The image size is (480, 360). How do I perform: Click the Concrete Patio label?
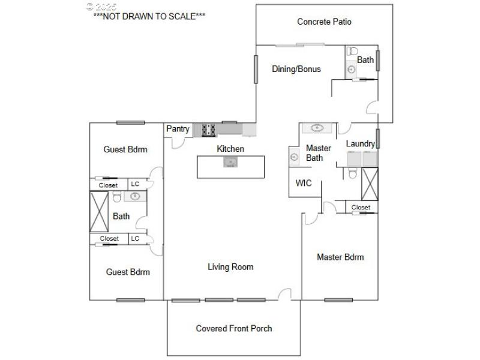point(324,22)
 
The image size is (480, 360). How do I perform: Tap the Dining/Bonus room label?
point(296,69)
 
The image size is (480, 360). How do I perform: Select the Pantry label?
point(178,129)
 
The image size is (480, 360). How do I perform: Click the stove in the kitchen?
point(209,128)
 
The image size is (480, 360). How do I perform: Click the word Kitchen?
point(230,149)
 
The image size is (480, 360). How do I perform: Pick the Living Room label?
point(230,267)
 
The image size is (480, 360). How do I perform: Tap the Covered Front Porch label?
point(233,328)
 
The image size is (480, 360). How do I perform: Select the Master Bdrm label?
point(340,257)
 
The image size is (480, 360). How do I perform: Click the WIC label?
point(304,183)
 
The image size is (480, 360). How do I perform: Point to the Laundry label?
point(360,143)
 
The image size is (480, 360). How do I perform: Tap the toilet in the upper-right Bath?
point(352,52)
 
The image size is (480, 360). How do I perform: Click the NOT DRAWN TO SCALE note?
point(149,17)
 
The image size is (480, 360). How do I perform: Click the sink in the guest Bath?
point(136,196)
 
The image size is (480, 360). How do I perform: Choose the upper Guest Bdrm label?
point(125,149)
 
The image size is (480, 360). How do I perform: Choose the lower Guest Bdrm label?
point(128,272)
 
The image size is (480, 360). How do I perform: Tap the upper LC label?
point(135,185)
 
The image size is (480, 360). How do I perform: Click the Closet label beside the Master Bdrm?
point(361,208)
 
